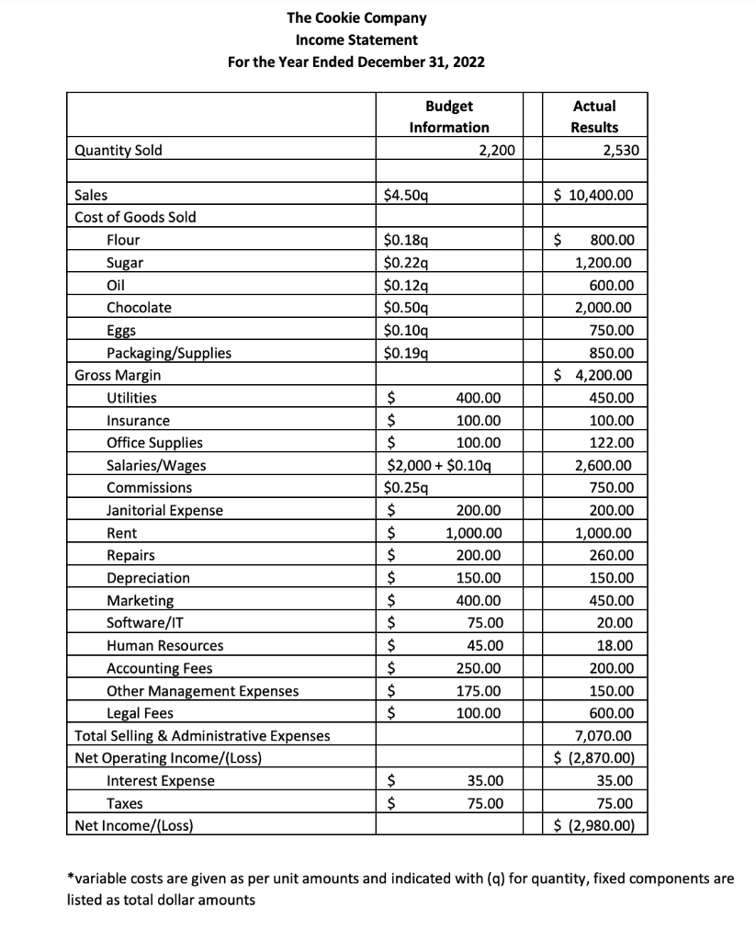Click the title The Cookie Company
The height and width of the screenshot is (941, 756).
pyautogui.click(x=356, y=17)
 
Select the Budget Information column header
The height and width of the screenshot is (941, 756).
pyautogui.click(x=448, y=117)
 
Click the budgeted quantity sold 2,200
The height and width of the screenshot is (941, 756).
pyautogui.click(x=497, y=150)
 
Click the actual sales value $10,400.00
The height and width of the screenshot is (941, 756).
pyautogui.click(x=594, y=195)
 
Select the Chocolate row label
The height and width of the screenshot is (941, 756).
pyautogui.click(x=139, y=307)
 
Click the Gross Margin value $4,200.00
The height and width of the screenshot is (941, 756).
pyautogui.click(x=594, y=375)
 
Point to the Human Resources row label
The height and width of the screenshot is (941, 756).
pyautogui.click(x=164, y=645)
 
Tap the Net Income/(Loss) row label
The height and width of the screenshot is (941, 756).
pyautogui.click(x=134, y=825)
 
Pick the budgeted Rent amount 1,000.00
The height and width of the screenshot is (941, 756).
pyautogui.click(x=473, y=533)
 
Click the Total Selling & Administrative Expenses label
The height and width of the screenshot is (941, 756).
pyautogui.click(x=202, y=735)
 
